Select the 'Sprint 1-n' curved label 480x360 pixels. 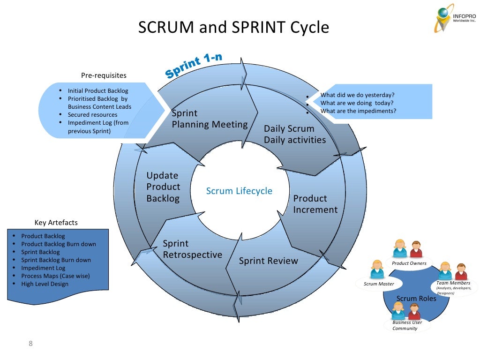[x=193, y=66]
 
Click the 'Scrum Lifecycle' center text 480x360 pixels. [x=239, y=191]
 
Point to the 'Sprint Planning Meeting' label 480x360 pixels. [x=209, y=119]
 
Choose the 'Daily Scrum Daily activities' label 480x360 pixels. [x=294, y=134]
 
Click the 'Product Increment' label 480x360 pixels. [x=315, y=204]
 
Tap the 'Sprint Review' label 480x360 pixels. [x=268, y=261]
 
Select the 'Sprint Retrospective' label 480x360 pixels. [x=192, y=249]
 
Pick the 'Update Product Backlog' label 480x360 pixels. [x=163, y=187]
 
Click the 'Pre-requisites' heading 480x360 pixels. [x=104, y=75]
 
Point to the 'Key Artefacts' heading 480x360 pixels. [x=56, y=223]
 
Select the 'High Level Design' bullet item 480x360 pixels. [x=45, y=284]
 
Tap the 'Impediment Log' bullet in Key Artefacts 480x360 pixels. [x=43, y=268]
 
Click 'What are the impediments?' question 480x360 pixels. [x=358, y=111]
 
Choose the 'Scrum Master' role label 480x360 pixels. [x=379, y=284]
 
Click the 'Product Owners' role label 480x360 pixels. [x=409, y=263]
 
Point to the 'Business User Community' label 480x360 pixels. [x=407, y=325]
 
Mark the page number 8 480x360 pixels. [x=31, y=345]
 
